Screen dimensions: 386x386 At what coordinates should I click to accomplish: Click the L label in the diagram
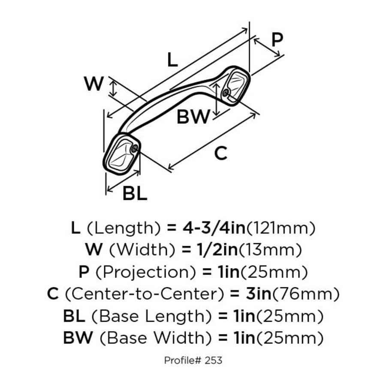coord(172,60)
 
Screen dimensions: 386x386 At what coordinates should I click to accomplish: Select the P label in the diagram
coord(277,40)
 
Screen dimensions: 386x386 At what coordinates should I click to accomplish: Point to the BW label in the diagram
coord(193,117)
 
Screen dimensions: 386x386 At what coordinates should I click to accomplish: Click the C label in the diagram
coord(220,153)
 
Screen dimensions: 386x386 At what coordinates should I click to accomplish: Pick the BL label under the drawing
coord(135,194)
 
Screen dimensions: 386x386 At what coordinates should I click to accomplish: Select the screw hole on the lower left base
coord(135,148)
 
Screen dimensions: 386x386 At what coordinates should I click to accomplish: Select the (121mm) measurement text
coord(280,228)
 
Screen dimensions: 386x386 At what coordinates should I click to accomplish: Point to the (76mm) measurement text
coord(305,294)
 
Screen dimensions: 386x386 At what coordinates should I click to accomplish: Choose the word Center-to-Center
coord(144,294)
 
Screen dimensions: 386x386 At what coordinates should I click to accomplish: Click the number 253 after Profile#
coord(213,360)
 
